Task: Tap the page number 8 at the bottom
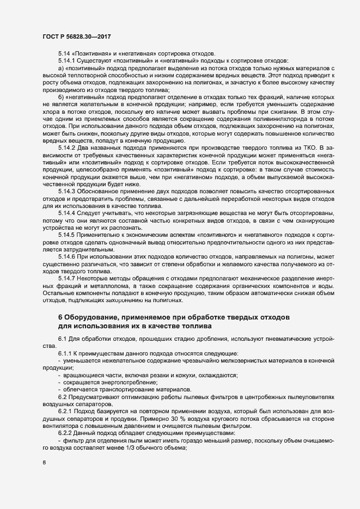tap(44, 463)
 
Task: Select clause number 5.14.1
tap(66, 60)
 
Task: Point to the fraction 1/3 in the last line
tap(157, 447)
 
